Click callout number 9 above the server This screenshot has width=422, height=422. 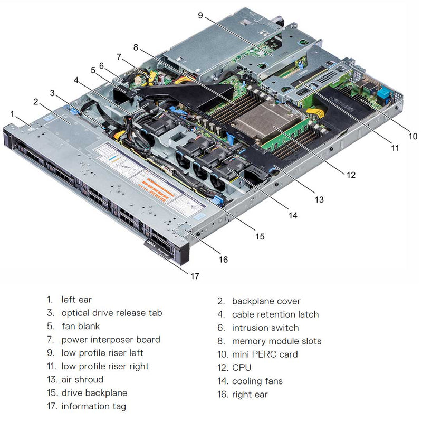(200, 15)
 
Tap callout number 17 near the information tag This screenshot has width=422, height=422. (195, 275)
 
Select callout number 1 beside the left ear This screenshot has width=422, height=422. (12, 113)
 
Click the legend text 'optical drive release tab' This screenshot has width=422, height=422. (112, 313)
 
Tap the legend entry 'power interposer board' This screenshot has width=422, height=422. (111, 340)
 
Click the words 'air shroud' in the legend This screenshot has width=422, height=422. (82, 379)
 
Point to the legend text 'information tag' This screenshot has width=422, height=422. (94, 406)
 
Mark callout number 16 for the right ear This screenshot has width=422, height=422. (223, 259)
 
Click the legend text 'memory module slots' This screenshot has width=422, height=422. (276, 341)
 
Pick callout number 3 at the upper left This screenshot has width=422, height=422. (52, 93)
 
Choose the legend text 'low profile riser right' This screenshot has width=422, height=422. (105, 366)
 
